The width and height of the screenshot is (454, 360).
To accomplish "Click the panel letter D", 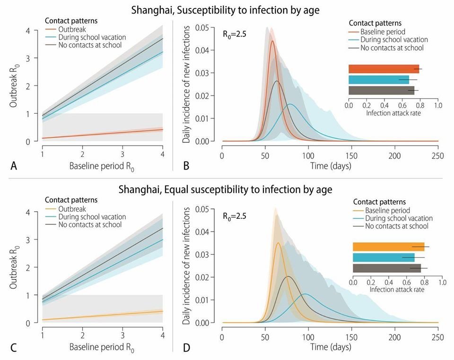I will pyautogui.click(x=186, y=348).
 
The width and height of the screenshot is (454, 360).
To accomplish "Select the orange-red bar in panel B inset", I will pyautogui.click(x=384, y=69).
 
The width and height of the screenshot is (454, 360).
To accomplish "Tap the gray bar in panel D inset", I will pyautogui.click(x=387, y=268).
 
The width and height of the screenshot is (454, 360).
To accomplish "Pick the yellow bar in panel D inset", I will pyautogui.click(x=389, y=247).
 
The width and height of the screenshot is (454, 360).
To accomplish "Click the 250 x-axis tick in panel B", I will pyautogui.click(x=438, y=156).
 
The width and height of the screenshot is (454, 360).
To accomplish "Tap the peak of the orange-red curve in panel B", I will pyautogui.click(x=272, y=41).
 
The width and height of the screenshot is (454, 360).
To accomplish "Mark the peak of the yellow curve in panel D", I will pyautogui.click(x=278, y=243).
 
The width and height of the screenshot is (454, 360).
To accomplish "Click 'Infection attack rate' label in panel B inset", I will pyautogui.click(x=393, y=114).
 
